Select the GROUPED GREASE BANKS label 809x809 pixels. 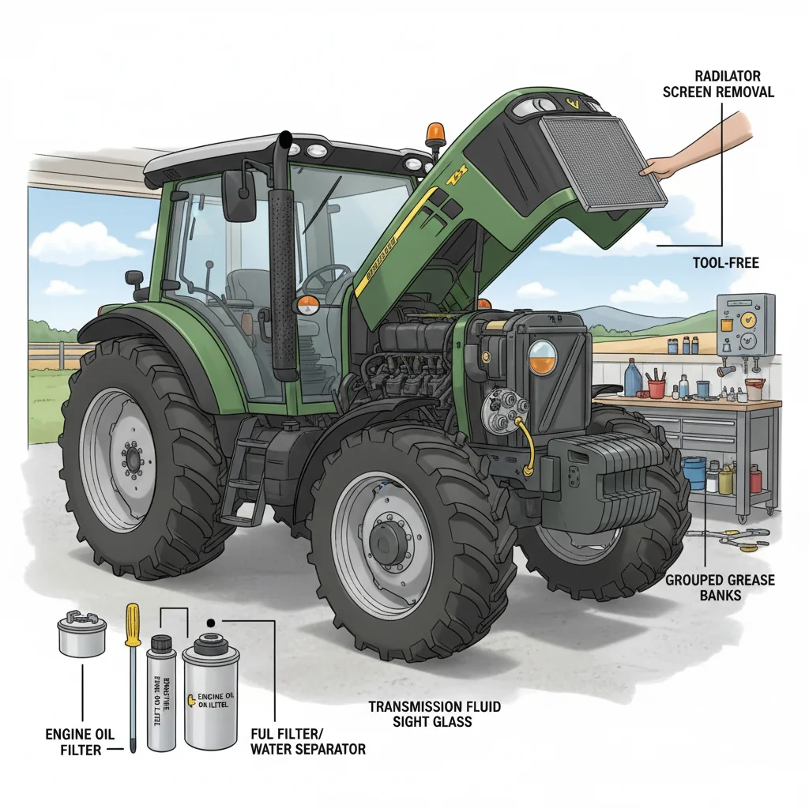[720, 587]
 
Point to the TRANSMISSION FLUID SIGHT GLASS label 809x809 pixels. [435, 714]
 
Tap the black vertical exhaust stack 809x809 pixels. [282, 261]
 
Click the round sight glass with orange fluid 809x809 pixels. [542, 357]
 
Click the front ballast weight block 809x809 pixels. [608, 482]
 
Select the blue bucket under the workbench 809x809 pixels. [694, 472]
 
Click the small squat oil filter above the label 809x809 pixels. [82, 636]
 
